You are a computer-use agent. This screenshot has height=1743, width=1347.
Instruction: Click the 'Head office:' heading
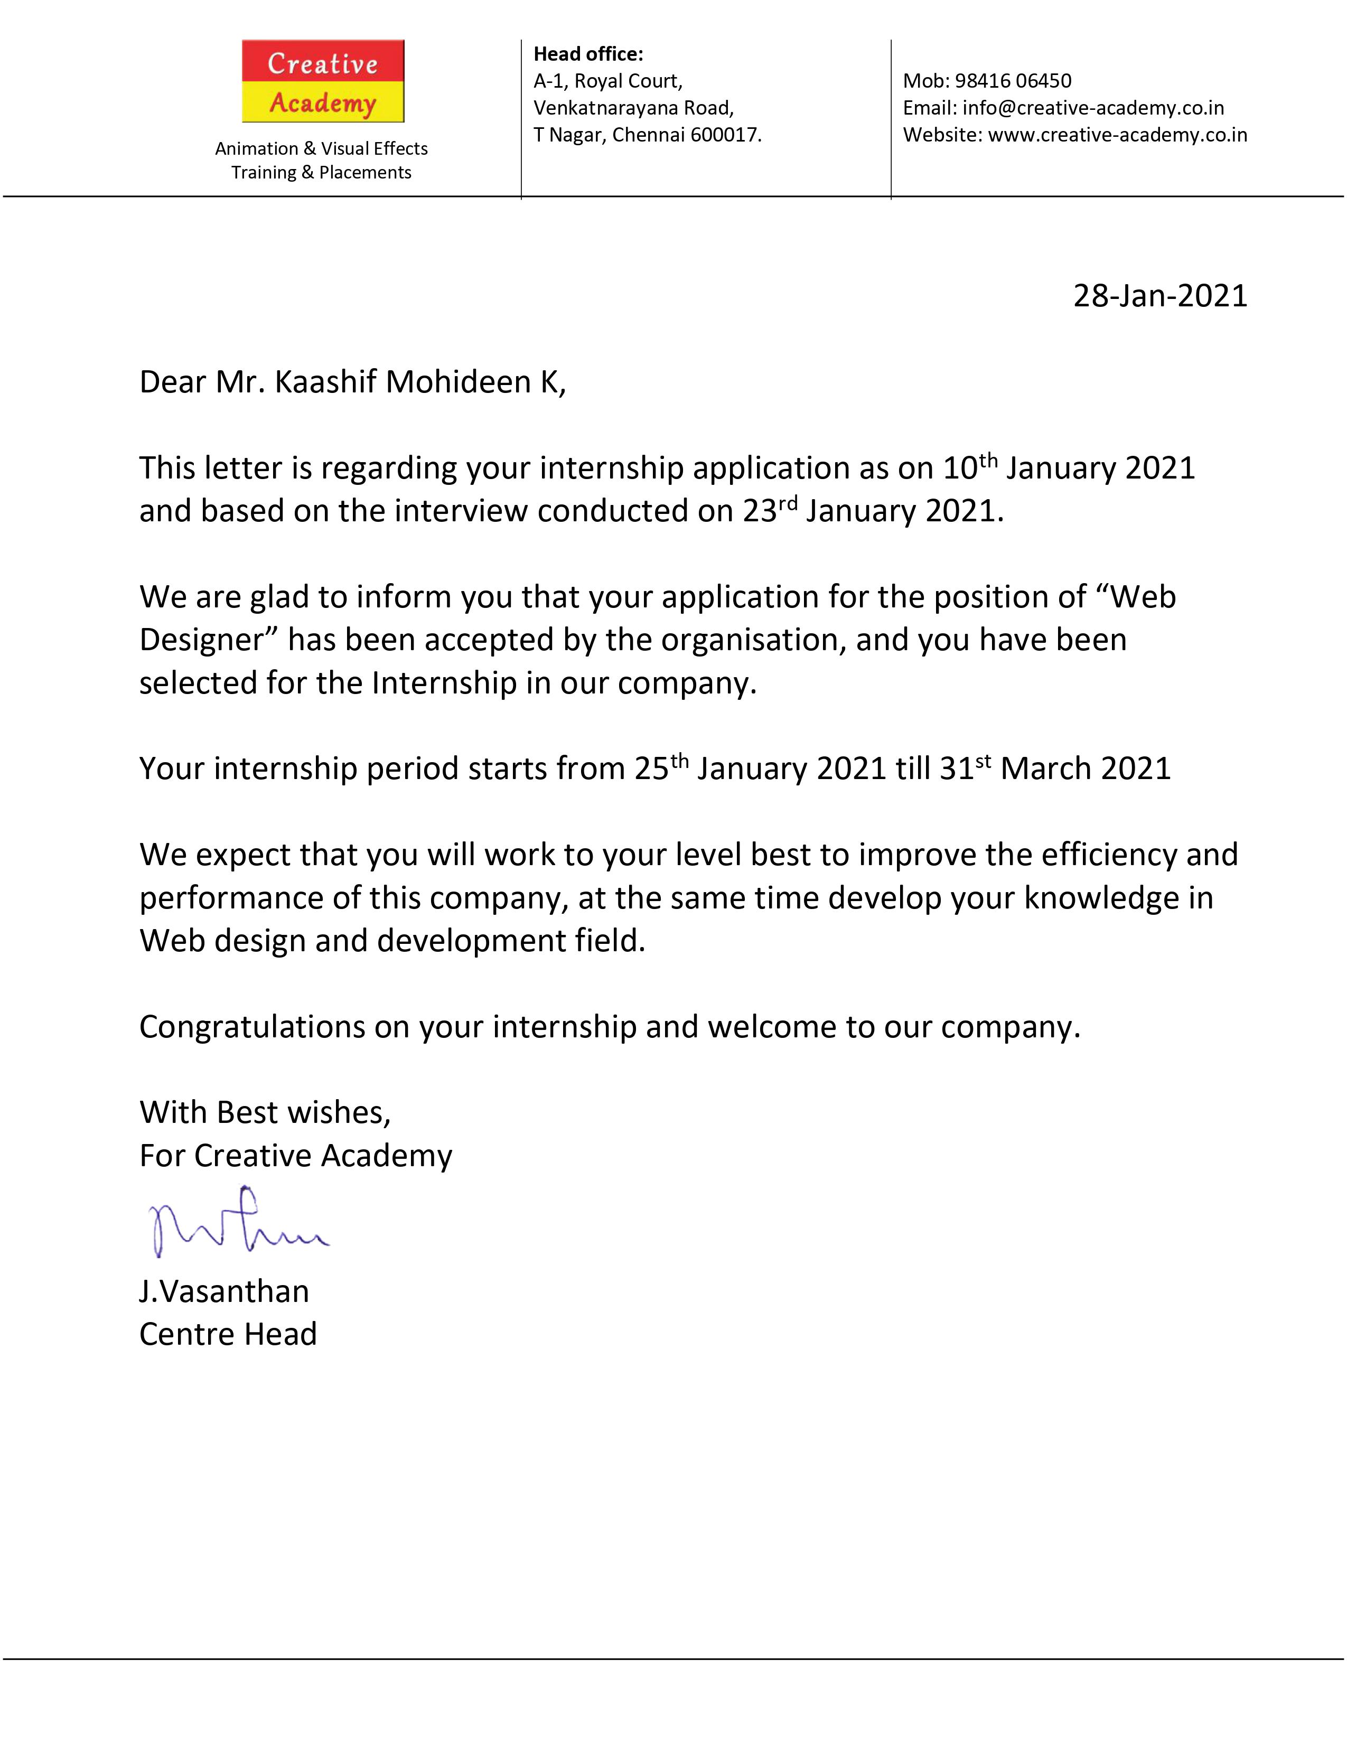click(x=588, y=54)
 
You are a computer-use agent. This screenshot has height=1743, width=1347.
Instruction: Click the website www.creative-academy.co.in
click(x=1117, y=135)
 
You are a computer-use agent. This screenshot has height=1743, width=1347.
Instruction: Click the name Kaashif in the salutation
click(x=325, y=382)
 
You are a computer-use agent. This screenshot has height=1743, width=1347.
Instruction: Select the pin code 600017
click(x=725, y=135)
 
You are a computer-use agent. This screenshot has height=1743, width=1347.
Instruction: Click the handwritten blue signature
click(x=236, y=1222)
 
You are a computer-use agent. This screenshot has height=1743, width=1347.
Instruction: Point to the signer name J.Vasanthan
click(x=224, y=1291)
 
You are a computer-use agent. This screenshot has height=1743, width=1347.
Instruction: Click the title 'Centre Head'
click(x=228, y=1334)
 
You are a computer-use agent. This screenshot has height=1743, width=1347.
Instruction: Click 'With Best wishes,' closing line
click(x=265, y=1112)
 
